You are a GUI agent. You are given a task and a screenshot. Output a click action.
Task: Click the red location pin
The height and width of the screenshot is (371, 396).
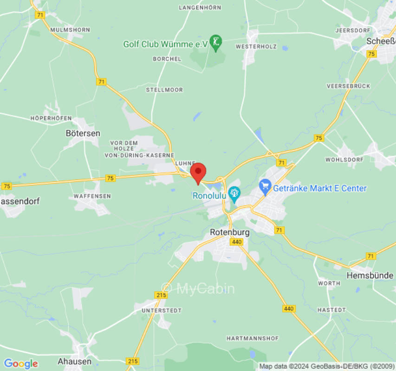[199, 173]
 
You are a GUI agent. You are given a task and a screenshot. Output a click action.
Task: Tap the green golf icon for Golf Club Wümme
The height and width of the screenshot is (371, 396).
[215, 44]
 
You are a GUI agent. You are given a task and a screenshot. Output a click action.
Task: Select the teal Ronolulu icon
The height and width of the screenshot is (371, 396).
[235, 195]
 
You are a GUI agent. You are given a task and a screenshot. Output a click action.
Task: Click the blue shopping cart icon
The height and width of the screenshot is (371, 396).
[265, 188]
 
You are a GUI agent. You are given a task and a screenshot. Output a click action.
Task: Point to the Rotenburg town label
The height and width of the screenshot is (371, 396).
[229, 232]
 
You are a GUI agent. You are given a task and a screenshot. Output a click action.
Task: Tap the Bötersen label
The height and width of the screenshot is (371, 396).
[83, 133]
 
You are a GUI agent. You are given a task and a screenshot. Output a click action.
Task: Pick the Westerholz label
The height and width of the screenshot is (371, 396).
[256, 47]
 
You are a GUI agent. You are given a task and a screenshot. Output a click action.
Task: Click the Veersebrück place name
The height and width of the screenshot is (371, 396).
[348, 86]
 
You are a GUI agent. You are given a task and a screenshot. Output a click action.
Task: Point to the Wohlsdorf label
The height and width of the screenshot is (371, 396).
[343, 159]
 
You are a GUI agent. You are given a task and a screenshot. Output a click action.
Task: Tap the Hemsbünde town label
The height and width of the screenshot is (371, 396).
[370, 275]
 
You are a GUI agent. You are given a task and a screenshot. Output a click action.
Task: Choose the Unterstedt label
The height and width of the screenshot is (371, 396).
[162, 310]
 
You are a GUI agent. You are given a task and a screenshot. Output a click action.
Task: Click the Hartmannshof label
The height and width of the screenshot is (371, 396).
[253, 339]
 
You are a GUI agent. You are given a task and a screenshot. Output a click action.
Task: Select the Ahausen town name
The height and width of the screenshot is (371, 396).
[74, 361]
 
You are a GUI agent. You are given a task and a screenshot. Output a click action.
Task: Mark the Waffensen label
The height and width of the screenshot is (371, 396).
[92, 196]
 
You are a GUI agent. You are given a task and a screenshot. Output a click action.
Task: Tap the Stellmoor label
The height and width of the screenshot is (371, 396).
[164, 90]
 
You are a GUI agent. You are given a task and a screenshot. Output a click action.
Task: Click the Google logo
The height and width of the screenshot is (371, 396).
[20, 364]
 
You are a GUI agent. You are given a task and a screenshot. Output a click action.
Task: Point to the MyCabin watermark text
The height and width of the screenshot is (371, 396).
[198, 288]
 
